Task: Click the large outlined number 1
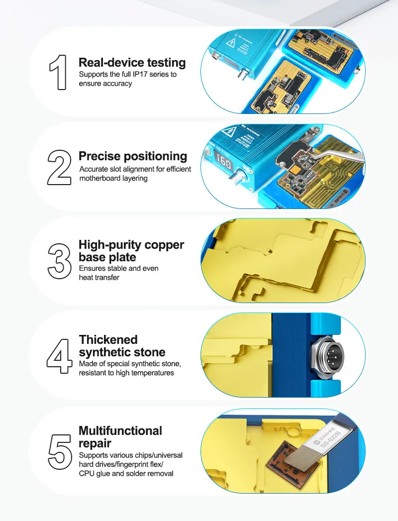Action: pos(58,72)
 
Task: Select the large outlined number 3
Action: pos(59,260)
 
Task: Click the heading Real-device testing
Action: pos(132,63)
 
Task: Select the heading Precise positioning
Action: pos(133,156)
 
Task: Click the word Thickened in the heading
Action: pos(108,340)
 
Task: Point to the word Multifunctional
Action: pos(120,430)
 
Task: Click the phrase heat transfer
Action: pos(99,277)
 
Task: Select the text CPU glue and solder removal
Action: pos(126,473)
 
